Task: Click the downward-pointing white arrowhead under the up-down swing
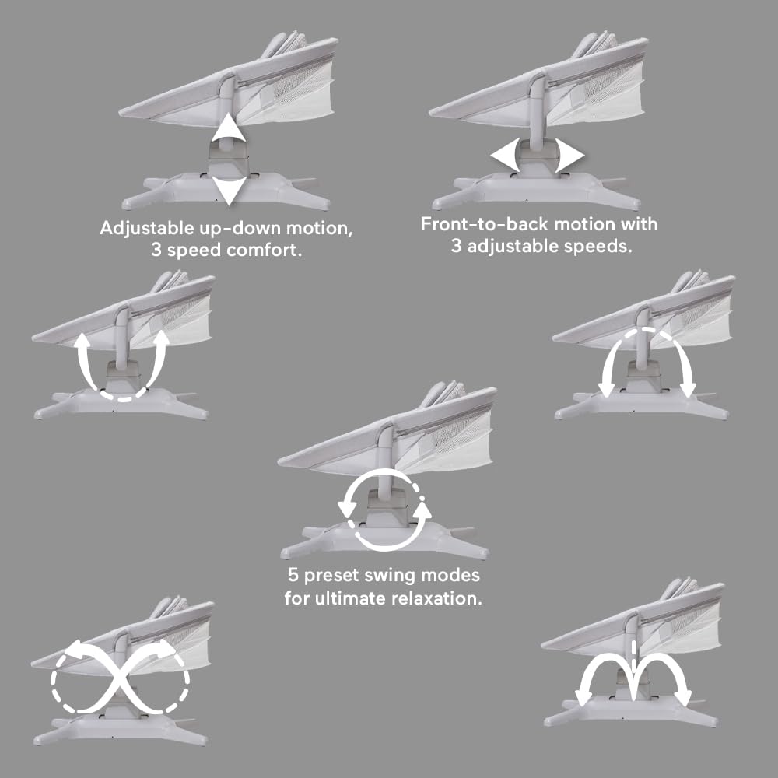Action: point(229,190)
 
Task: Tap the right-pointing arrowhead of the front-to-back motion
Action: point(569,156)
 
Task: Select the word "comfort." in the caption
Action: point(264,250)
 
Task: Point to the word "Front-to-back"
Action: point(484,224)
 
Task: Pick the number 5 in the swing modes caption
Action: point(293,576)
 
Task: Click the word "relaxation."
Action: point(436,598)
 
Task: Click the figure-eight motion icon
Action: point(120,678)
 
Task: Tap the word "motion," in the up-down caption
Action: point(320,228)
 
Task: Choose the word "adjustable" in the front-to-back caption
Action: point(511,247)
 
